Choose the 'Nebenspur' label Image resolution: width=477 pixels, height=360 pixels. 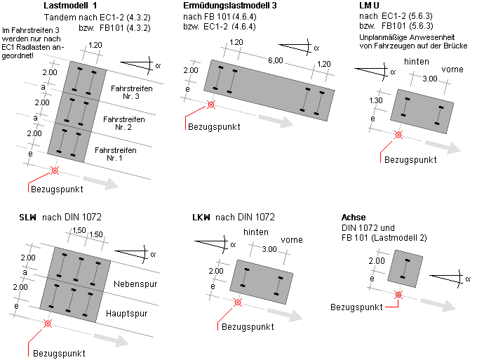134,285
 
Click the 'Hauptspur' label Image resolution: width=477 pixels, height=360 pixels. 134,315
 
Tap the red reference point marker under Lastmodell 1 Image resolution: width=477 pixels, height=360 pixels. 55,171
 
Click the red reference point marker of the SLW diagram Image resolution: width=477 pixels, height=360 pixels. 47,324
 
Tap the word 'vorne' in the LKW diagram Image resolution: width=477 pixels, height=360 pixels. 291,240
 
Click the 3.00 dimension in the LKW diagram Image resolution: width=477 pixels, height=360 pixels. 269,249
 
